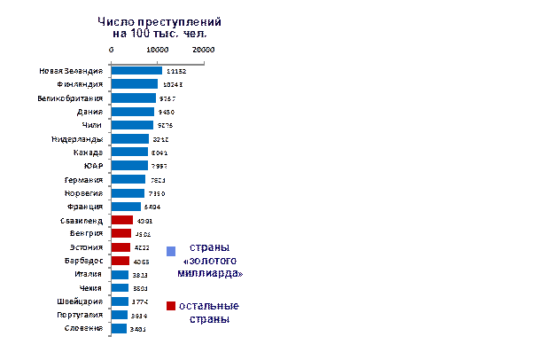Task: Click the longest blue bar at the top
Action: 136,71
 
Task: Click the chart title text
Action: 159,27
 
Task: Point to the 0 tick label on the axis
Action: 112,50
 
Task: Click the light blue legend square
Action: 171,251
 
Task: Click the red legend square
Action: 170,306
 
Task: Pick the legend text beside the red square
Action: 209,312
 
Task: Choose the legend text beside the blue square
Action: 212,261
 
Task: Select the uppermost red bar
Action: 122,220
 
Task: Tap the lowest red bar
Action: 121,262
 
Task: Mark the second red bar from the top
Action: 121,234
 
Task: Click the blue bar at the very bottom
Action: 119,329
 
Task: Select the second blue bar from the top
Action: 134,84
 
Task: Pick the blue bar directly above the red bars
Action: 126,207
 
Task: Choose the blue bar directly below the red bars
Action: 120,275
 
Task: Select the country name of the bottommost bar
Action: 85,329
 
